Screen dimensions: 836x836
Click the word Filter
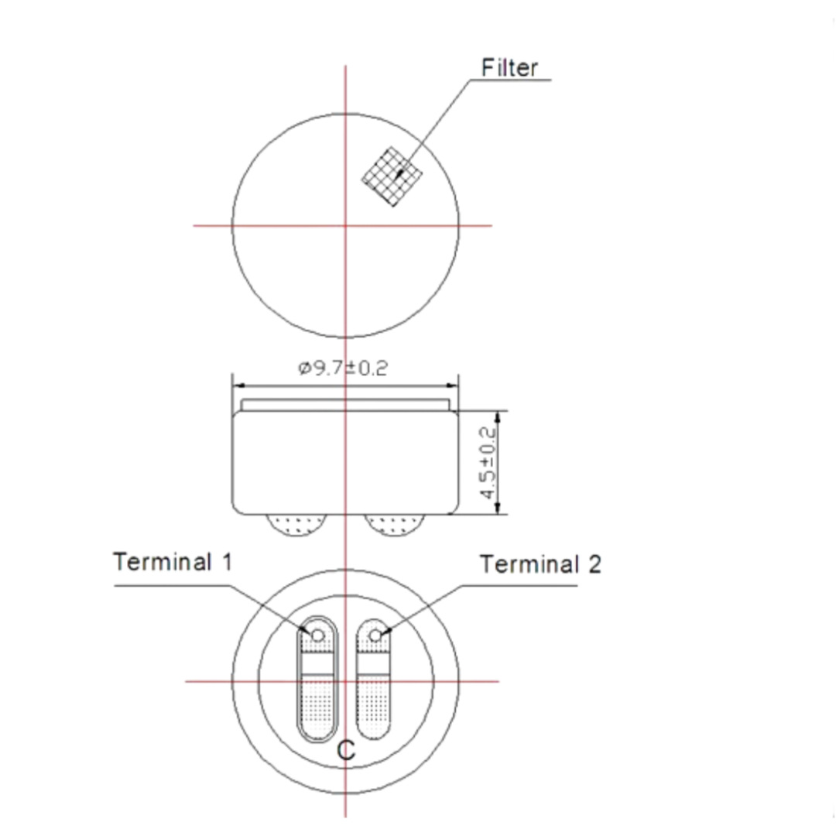coord(509,67)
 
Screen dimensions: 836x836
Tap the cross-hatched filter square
coord(392,176)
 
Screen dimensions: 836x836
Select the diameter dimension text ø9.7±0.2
coord(343,368)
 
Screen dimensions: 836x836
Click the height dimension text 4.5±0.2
coord(488,463)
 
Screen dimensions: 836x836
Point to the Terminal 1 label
coord(173,562)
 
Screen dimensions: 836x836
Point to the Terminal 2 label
coord(540,564)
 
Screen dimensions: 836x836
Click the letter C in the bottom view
coord(346,751)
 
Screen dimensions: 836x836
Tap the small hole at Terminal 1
coord(318,636)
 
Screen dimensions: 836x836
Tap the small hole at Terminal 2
coord(375,636)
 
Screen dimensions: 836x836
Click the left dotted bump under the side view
coord(296,525)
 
